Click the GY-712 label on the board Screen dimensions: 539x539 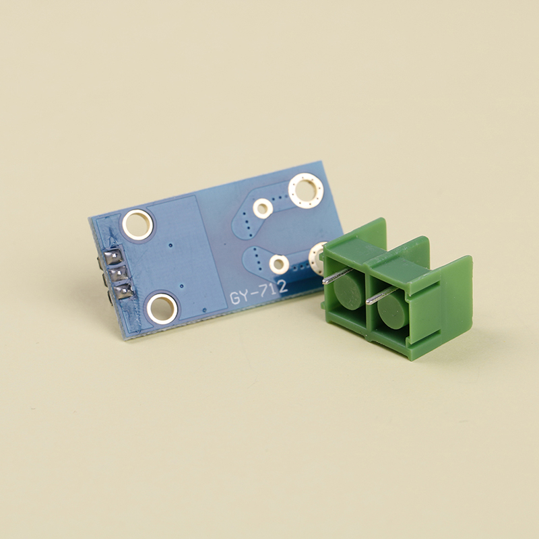pyautogui.click(x=259, y=292)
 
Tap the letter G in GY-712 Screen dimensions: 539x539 pyautogui.click(x=236, y=298)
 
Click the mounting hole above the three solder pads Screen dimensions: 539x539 pyautogui.click(x=137, y=224)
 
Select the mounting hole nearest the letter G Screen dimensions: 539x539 pyautogui.click(x=162, y=309)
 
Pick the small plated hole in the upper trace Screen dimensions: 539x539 pyautogui.click(x=263, y=209)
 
